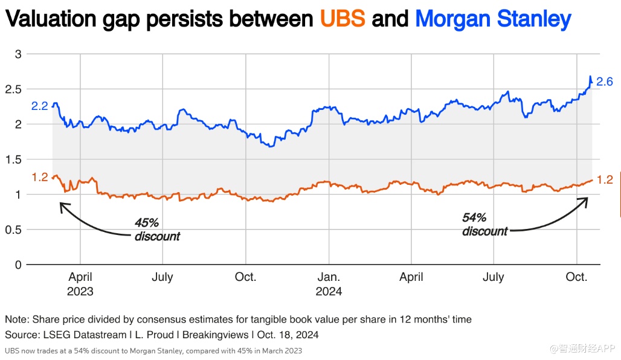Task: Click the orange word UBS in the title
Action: pyautogui.click(x=343, y=19)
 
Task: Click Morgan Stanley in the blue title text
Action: pyautogui.click(x=493, y=19)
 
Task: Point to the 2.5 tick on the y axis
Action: pyautogui.click(x=13, y=89)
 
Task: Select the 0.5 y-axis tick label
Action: pyautogui.click(x=13, y=230)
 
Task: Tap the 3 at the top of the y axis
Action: pyautogui.click(x=18, y=54)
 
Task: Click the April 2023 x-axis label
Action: pyautogui.click(x=80, y=284)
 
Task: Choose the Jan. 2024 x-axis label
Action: pyautogui.click(x=329, y=284)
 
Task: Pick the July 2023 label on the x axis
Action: pyautogui.click(x=162, y=277)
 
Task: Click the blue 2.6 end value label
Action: pyautogui.click(x=605, y=82)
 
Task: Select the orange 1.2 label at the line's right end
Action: pyautogui.click(x=605, y=179)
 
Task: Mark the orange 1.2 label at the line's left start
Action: pyautogui.click(x=39, y=178)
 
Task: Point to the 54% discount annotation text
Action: pyautogui.click(x=485, y=224)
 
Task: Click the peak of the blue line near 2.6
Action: pyautogui.click(x=590, y=77)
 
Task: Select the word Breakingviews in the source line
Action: pyautogui.click(x=218, y=335)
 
